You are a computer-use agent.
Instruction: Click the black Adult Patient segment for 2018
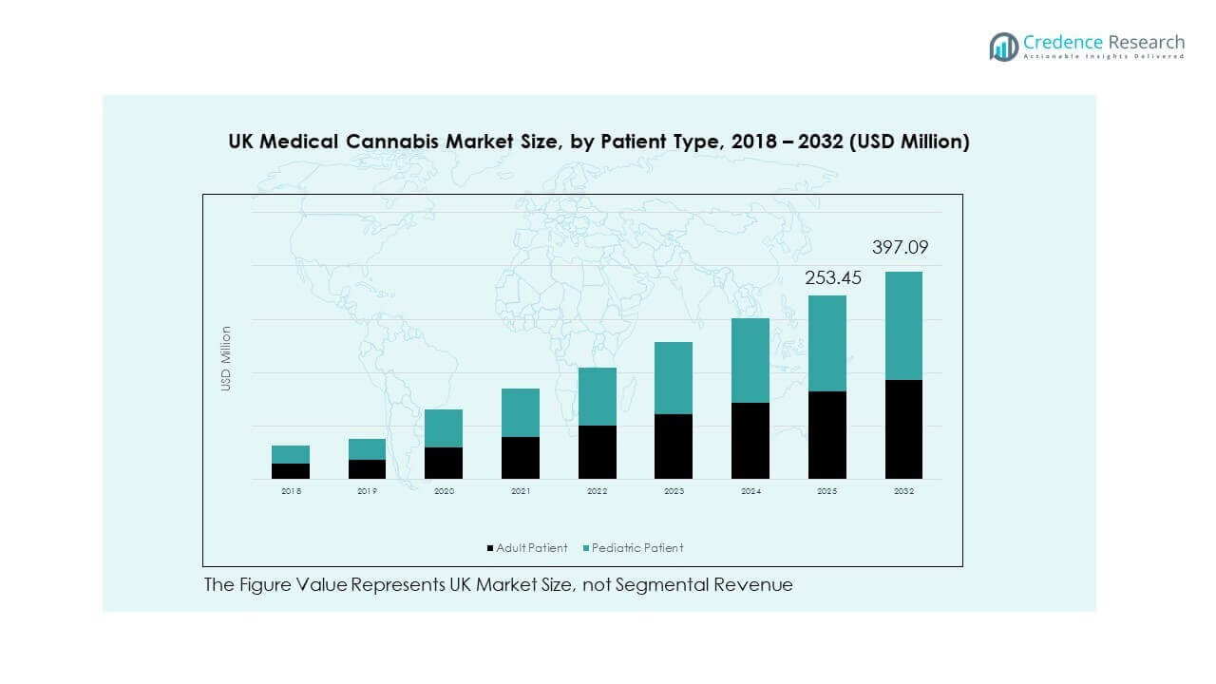coord(291,470)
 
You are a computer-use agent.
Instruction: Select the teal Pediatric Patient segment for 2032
coord(903,326)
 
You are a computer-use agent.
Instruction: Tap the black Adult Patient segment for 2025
coord(826,434)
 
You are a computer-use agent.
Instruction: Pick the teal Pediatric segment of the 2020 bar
coord(444,428)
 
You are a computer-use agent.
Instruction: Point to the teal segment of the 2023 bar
coord(674,378)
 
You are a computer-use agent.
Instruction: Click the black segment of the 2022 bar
coord(598,451)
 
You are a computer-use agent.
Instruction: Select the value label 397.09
coord(900,249)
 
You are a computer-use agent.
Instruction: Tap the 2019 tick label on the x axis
coord(368,491)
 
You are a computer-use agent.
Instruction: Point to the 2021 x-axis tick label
coord(521,491)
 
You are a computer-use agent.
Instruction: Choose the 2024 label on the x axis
coord(750,491)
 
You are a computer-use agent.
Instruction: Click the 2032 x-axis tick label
coord(903,491)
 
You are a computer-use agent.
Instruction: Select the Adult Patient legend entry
coord(527,548)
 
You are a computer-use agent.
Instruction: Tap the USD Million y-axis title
coord(226,359)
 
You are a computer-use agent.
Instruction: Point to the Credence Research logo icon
coord(1003,46)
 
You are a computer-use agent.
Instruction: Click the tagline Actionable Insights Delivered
coord(1104,57)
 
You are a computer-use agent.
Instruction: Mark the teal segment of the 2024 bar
coord(750,360)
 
